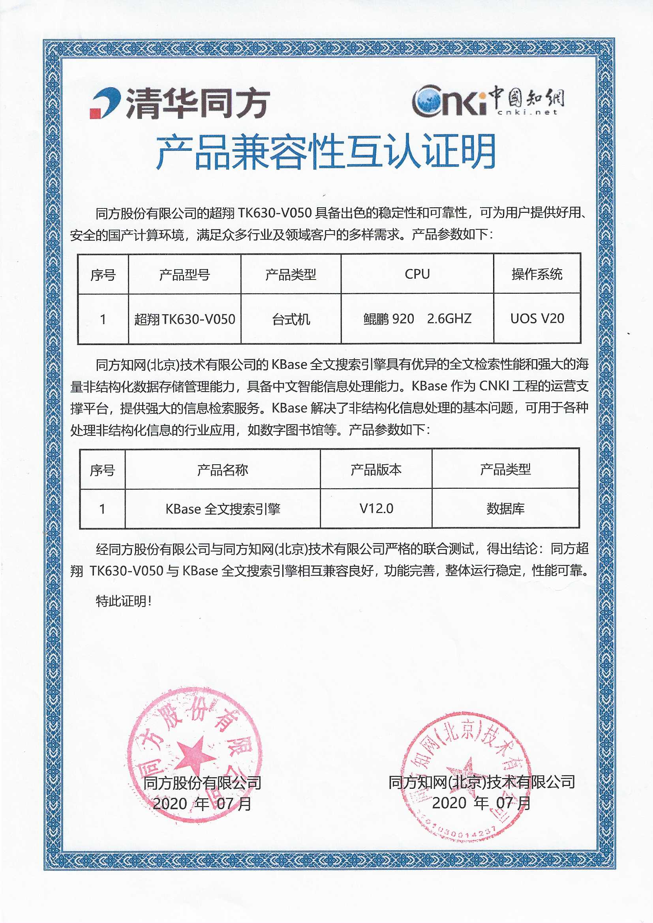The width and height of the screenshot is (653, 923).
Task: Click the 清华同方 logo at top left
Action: pos(179,103)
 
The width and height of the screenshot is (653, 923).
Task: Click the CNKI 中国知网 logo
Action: pos(487,100)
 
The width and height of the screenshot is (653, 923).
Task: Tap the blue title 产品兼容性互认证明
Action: pos(326,152)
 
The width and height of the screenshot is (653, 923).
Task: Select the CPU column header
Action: pos(417,274)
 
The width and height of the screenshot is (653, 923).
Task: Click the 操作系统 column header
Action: pos(537,274)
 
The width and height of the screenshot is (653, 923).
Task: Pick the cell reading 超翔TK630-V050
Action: pos(184,319)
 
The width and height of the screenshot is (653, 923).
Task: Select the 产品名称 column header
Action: pos(222,469)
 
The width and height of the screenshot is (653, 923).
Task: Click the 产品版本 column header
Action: pos(376,469)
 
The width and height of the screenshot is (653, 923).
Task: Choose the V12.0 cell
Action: pos(376,508)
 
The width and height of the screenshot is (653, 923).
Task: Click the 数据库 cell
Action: pos(505,508)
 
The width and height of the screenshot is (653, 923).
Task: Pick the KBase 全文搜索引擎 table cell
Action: pos(222,509)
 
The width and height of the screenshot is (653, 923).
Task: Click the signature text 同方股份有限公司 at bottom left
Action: pos(202,782)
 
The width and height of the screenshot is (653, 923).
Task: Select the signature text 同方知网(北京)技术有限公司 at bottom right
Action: pos(481,782)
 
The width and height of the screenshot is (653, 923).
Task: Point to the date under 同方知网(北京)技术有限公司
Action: pos(481,803)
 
